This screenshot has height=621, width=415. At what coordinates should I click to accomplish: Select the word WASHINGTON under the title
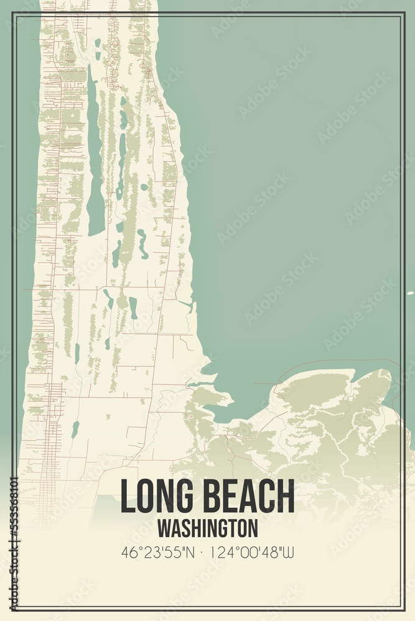(207, 528)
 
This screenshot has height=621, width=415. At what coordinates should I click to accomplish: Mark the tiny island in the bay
(409, 292)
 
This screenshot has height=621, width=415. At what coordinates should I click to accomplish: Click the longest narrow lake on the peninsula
(95, 155)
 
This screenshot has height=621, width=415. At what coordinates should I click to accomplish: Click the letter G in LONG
(180, 496)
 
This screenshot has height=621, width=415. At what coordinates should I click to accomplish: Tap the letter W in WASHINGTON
(163, 528)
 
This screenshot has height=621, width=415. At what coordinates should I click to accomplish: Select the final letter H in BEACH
(286, 496)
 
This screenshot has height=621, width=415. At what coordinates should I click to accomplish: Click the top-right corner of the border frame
(404, 12)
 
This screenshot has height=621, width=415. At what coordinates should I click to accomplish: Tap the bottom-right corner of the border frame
(404, 610)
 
